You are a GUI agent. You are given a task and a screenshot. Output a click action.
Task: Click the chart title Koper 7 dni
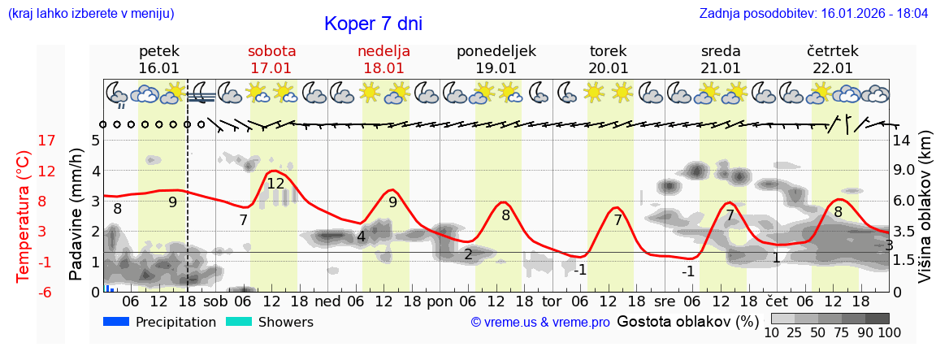(373, 24)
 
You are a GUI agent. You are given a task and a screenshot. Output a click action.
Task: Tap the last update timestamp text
(813, 14)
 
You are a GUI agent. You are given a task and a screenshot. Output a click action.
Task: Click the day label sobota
(271, 51)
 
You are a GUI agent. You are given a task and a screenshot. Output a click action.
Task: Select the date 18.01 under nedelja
(383, 68)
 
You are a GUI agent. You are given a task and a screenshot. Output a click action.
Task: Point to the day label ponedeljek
(496, 51)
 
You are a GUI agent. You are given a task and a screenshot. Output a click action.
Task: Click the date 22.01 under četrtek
(833, 68)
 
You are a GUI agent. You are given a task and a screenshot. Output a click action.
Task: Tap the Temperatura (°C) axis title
(24, 216)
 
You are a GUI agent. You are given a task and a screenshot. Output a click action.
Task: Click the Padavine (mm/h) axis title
(76, 215)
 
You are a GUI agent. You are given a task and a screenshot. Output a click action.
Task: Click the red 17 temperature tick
(24, 141)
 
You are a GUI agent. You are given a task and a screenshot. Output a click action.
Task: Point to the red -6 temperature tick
(24, 292)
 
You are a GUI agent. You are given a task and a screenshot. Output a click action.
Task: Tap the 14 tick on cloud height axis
(903, 141)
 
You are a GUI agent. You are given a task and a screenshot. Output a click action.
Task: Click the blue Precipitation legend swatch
(117, 322)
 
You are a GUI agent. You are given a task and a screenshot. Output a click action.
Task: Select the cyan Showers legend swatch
(239, 322)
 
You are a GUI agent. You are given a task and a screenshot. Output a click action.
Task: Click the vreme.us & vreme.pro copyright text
(540, 323)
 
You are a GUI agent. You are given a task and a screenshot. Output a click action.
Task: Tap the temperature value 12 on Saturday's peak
(275, 184)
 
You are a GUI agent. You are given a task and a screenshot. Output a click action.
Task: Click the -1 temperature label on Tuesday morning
(580, 270)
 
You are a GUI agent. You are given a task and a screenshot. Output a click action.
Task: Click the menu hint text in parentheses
(91, 14)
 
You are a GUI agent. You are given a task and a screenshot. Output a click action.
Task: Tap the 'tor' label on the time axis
(552, 301)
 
